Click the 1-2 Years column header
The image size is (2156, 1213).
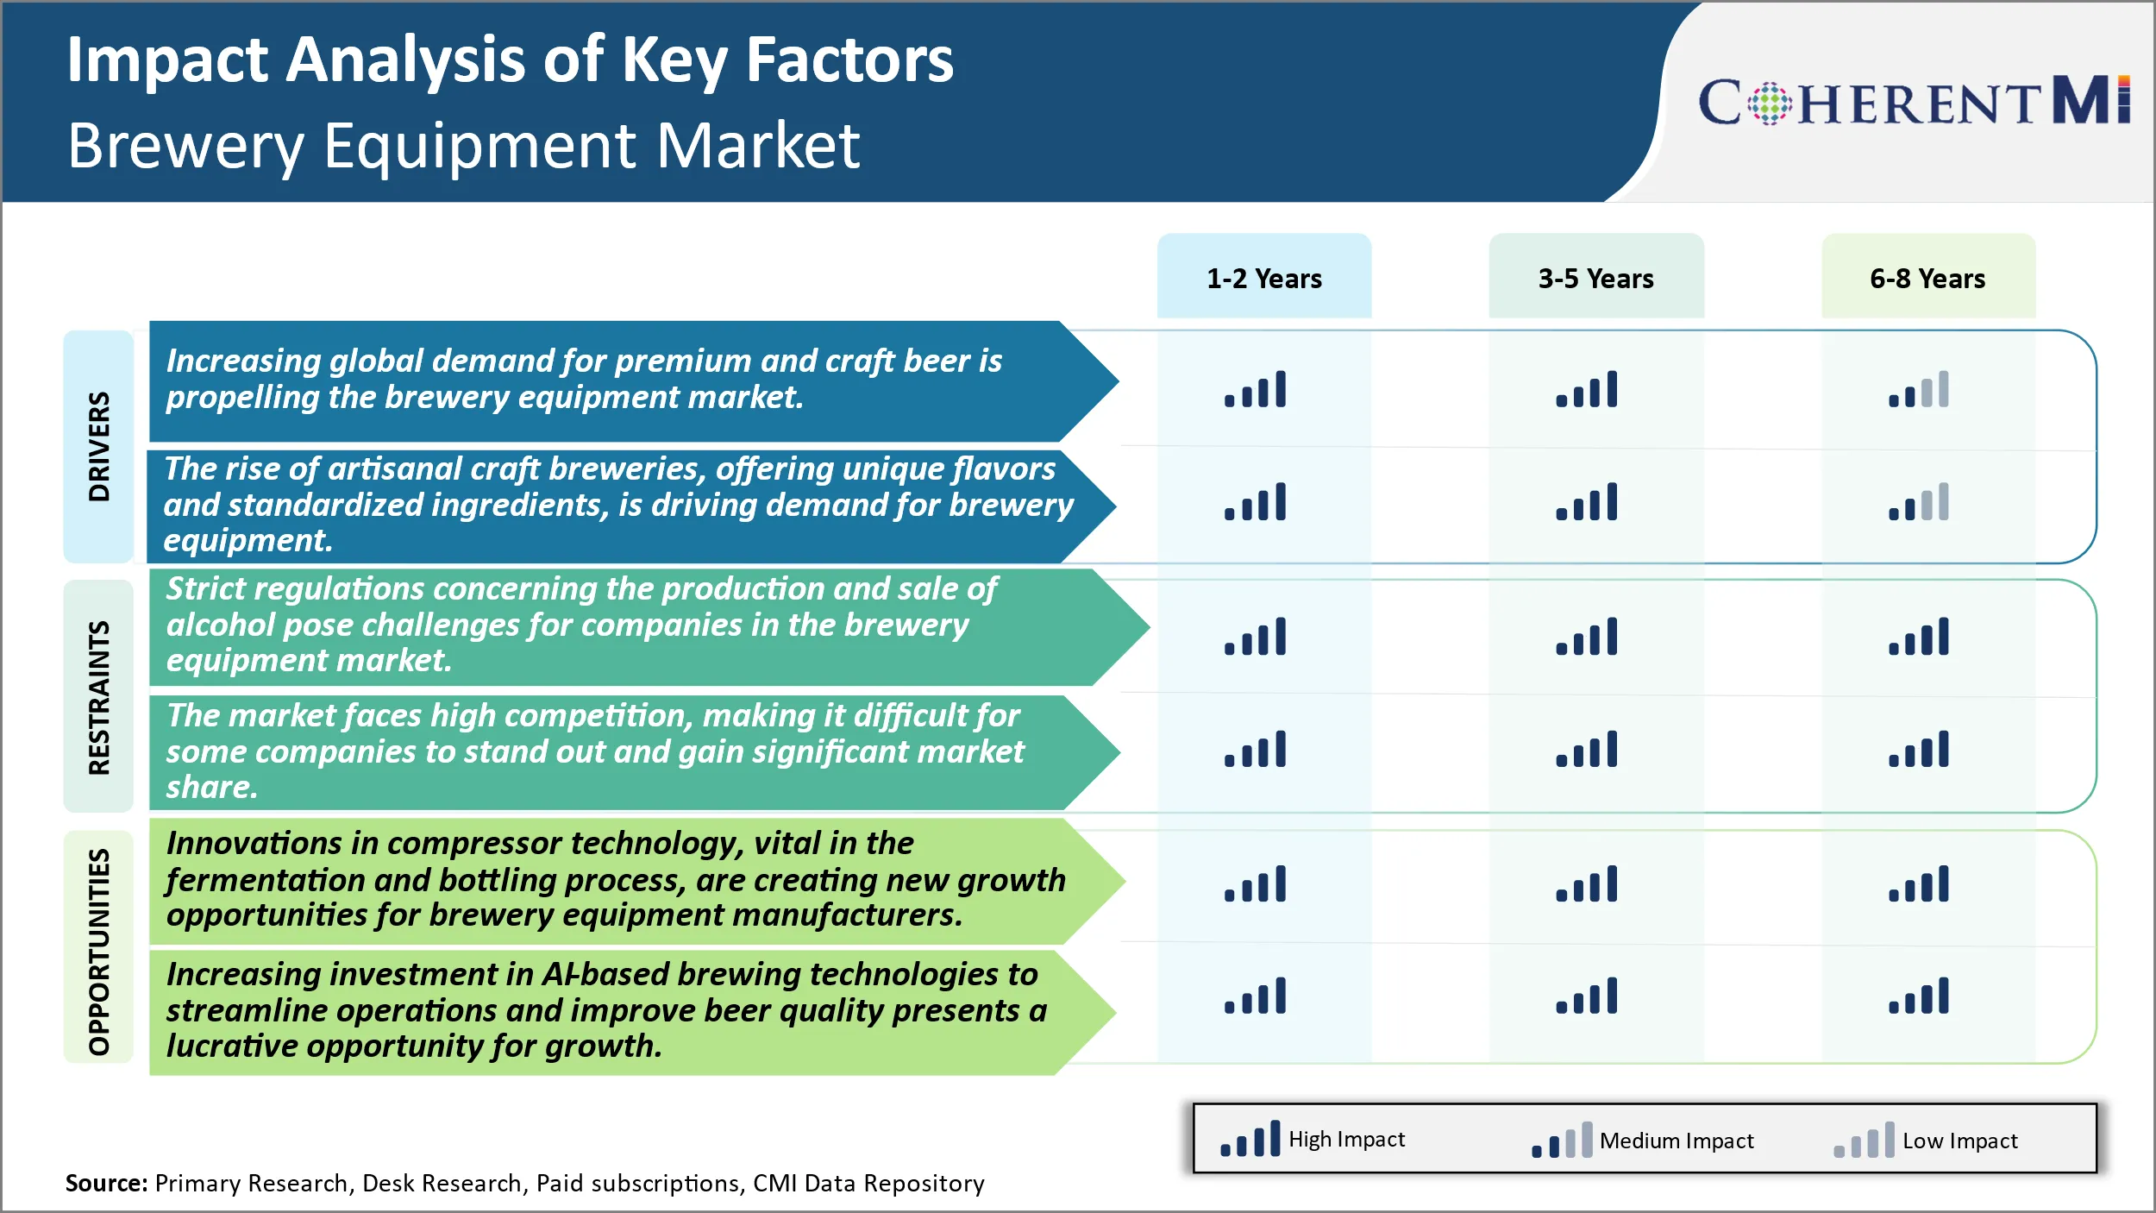point(1263,278)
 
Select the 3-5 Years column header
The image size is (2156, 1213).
point(1596,278)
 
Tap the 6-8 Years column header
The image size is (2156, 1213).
point(1928,278)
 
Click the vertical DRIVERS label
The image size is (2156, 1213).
point(99,446)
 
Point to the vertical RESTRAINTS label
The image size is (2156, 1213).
point(99,697)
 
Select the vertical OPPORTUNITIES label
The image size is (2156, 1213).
point(99,952)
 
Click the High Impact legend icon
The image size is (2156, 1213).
point(1250,1139)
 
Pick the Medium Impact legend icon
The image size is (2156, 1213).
point(1562,1141)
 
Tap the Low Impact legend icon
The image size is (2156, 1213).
point(1865,1141)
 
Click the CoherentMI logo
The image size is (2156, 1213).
point(1914,101)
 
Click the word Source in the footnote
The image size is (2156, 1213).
point(106,1183)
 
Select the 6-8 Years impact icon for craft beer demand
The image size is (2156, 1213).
point(1919,389)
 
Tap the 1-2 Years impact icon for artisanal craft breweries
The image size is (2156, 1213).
point(1255,501)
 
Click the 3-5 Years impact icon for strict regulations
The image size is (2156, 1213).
point(1587,637)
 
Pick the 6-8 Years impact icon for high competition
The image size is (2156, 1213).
point(1919,749)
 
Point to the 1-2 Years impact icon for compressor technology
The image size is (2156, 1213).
point(1255,883)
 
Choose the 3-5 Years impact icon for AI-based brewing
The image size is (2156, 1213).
point(1587,996)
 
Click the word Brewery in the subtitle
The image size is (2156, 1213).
point(185,147)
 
